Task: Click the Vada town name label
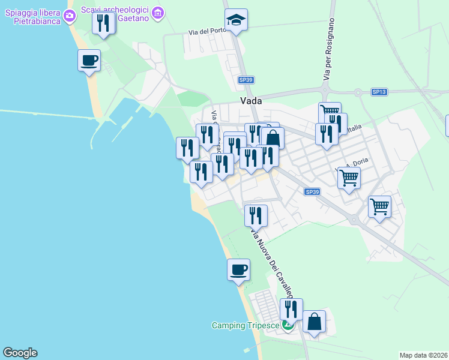250,101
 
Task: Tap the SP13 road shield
379,92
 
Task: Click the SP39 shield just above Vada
246,79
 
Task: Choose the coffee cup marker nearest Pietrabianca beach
89,60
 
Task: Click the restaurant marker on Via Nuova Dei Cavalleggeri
256,215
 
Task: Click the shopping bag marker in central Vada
273,138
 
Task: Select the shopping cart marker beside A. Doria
349,177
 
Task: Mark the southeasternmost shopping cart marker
379,206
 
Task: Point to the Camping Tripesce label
245,326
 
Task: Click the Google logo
20,353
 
